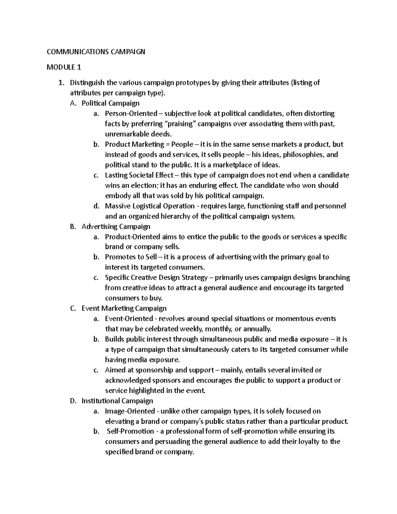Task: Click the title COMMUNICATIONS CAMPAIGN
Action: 96,52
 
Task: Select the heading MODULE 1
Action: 64,68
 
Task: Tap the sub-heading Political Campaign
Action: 110,103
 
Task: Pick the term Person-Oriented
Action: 131,114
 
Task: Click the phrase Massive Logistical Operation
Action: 150,206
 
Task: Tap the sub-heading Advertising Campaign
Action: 116,226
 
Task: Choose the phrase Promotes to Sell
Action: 131,257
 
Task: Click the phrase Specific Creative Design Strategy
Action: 156,277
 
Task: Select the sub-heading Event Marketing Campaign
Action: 124,308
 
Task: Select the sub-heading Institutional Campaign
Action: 117,401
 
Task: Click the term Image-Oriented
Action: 130,411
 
